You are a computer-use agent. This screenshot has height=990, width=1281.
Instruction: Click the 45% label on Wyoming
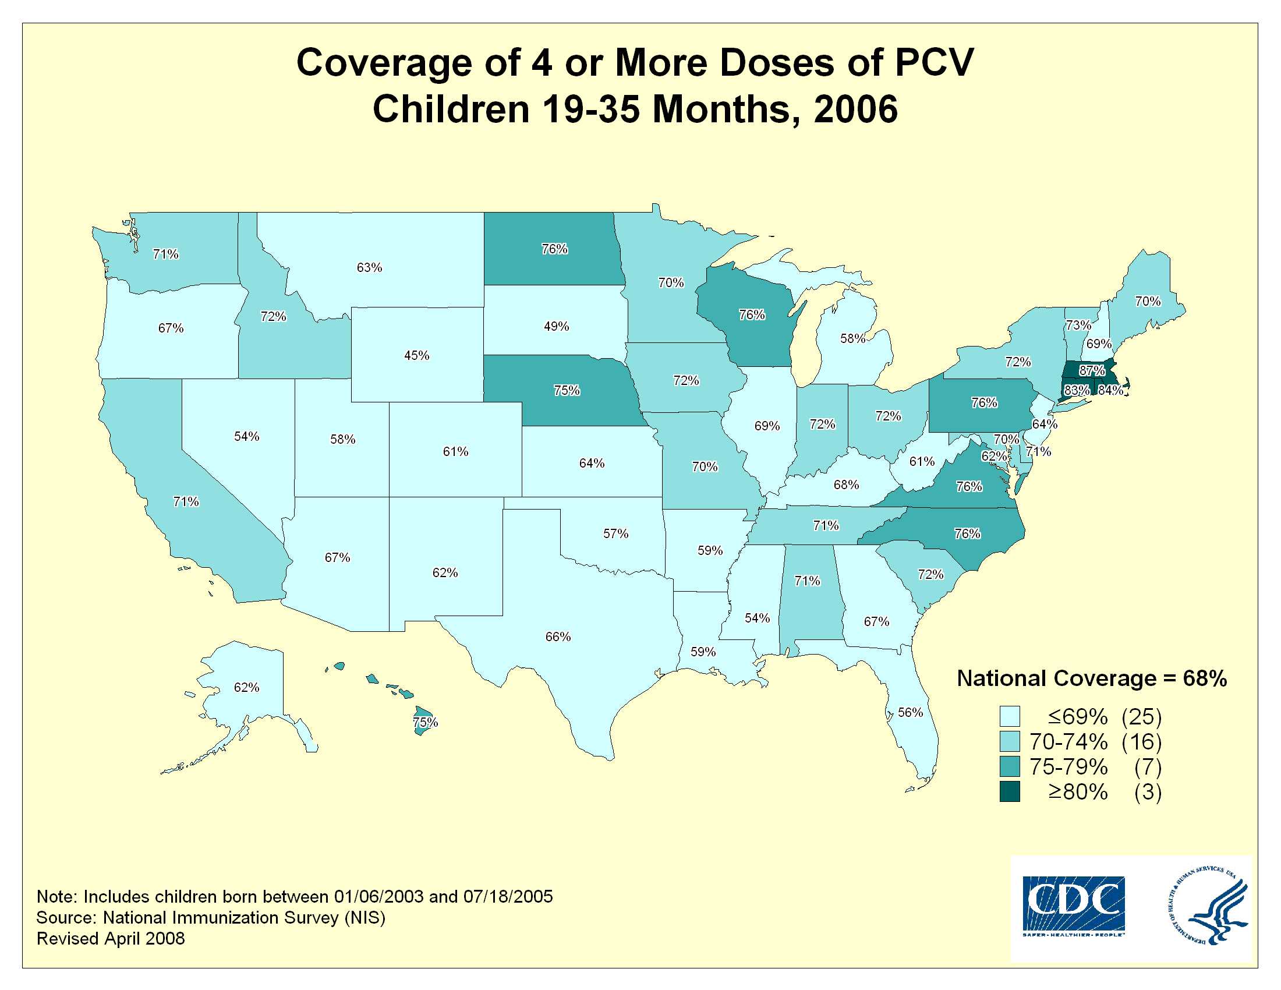tap(416, 355)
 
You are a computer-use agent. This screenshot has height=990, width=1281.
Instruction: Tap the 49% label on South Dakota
tap(556, 326)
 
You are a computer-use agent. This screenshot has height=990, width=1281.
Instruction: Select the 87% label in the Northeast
tap(1092, 370)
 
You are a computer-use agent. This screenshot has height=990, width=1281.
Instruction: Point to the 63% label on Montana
tap(370, 267)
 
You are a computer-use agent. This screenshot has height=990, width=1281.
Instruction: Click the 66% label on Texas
tap(558, 637)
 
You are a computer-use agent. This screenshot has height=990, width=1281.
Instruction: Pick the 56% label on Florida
tap(910, 712)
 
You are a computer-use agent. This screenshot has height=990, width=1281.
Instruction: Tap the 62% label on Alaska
tap(246, 687)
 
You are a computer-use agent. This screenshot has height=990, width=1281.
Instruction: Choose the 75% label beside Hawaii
tap(425, 722)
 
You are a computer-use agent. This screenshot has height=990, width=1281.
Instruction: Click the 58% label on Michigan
tap(852, 338)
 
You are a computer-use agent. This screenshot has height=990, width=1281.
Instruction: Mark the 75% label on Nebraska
tap(567, 390)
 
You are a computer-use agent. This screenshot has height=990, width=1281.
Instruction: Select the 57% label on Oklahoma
tap(616, 533)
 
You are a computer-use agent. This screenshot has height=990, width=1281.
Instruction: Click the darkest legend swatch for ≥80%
tap(1010, 792)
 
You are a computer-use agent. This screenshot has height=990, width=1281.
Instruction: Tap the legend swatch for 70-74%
tap(1010, 741)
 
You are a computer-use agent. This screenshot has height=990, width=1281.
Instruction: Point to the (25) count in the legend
tap(1141, 717)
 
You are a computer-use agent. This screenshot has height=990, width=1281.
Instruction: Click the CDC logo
tap(1073, 906)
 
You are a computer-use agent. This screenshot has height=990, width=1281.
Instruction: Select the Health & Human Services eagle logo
tap(1208, 906)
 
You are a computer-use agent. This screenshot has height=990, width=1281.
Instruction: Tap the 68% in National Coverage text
tap(1205, 678)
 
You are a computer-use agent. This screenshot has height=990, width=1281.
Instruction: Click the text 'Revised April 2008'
tap(111, 938)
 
